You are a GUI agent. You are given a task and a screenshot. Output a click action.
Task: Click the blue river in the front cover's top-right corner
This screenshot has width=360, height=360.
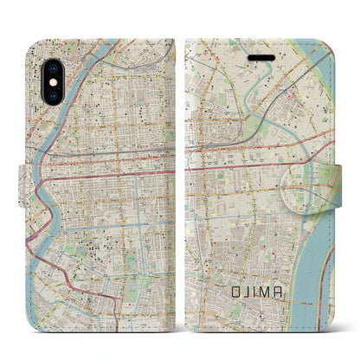(337, 61)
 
